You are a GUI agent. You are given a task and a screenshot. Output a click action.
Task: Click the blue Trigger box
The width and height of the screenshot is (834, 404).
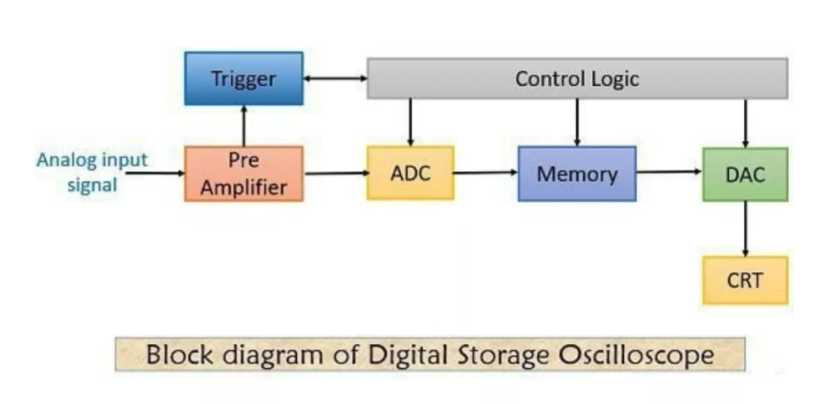point(244,79)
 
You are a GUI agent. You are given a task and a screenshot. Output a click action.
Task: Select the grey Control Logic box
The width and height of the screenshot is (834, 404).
point(577,78)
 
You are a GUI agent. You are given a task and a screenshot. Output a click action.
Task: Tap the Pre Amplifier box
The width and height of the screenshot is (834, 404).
point(244,174)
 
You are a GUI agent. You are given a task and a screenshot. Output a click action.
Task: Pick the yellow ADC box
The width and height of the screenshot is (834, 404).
point(410,174)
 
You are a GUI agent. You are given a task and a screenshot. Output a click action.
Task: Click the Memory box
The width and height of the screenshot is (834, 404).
point(577,174)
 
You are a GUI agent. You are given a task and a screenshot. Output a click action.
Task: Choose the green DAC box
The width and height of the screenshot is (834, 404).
point(745,174)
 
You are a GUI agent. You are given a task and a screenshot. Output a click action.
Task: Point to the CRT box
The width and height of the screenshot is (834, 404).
point(745,280)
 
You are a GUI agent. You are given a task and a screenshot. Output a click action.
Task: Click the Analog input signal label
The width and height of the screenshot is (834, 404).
point(92,171)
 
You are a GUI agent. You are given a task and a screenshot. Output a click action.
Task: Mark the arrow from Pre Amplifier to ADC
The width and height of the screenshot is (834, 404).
point(335,174)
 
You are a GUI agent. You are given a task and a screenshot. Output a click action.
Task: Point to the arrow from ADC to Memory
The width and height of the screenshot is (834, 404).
point(486,174)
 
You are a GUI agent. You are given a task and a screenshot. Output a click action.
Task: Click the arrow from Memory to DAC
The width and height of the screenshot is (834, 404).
point(670,173)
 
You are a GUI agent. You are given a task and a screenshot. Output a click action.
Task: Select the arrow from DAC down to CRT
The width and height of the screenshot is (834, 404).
point(745,229)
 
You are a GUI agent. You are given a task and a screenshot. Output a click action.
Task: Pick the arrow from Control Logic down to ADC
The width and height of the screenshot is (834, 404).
point(410,123)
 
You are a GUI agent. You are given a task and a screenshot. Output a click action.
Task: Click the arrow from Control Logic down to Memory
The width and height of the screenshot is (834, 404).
point(577,123)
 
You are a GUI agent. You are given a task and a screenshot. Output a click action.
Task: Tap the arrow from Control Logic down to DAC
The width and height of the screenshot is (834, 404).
point(745,123)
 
